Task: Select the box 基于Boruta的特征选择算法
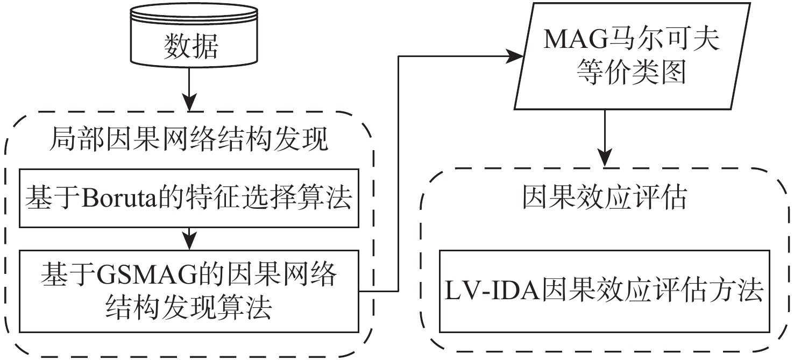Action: pyautogui.click(x=188, y=198)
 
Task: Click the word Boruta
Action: pyautogui.click(x=118, y=199)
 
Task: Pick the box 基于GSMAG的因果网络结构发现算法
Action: pyautogui.click(x=188, y=291)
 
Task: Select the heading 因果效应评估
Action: pyautogui.click(x=604, y=199)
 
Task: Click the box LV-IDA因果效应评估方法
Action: pyautogui.click(x=604, y=291)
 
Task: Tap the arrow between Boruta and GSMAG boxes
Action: pyautogui.click(x=188, y=238)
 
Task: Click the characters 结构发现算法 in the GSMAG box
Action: pyautogui.click(x=188, y=308)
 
